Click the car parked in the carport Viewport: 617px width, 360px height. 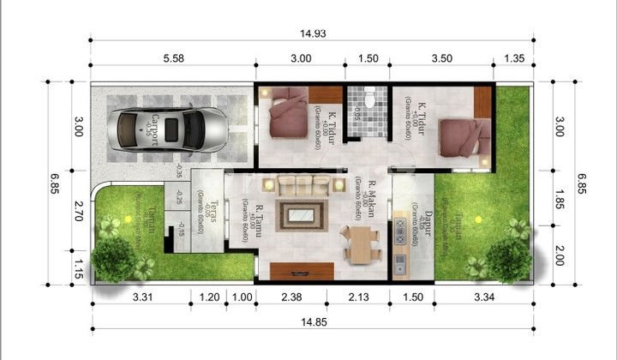(171, 129)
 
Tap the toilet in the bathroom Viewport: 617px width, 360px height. (369, 100)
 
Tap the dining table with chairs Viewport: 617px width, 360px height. (360, 245)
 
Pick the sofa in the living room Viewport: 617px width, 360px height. (300, 183)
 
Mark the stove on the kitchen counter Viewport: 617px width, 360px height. (399, 229)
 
